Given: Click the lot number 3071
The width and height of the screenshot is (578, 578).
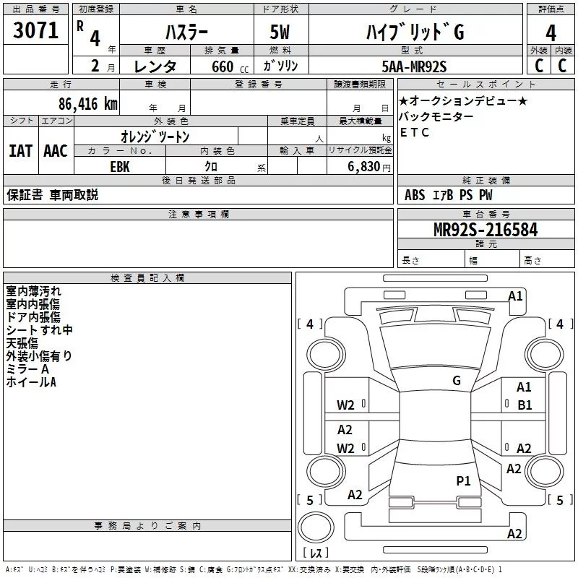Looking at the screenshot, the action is click(35, 30).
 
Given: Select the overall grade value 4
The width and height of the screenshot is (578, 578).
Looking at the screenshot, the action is click(551, 33).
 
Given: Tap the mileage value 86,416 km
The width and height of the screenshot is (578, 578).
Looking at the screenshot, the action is click(88, 104).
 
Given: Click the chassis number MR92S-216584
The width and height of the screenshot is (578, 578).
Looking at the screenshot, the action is click(486, 230).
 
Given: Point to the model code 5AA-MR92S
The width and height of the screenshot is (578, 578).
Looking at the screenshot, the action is click(414, 66).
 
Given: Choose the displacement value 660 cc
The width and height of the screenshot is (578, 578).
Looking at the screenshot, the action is click(230, 67).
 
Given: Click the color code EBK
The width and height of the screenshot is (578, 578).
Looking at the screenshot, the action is click(120, 167).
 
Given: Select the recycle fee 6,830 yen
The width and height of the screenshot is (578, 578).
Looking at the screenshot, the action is click(368, 167).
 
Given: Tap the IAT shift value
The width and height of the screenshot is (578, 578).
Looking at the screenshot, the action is click(21, 151).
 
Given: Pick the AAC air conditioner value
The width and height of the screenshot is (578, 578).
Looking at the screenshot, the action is click(56, 151).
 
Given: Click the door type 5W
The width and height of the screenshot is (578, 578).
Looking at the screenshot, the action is click(280, 32).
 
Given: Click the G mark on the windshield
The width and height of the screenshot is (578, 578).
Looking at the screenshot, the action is click(457, 381).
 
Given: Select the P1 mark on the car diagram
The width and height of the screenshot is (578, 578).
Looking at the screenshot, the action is click(463, 481).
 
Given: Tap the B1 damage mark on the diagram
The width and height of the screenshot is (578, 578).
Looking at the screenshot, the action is click(525, 405).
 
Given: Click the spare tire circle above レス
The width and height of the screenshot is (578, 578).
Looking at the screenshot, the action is click(316, 527).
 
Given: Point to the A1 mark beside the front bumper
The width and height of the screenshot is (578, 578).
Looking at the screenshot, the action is click(515, 296).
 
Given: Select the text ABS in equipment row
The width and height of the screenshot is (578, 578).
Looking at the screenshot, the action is click(415, 195).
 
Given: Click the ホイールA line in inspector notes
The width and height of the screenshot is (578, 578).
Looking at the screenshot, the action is click(31, 382).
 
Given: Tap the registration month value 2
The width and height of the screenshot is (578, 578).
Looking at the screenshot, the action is click(95, 66).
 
